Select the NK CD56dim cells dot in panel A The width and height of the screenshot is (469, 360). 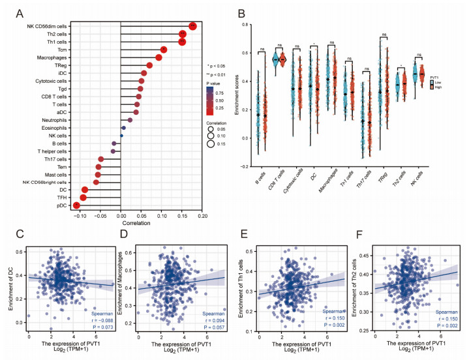click(x=192, y=25)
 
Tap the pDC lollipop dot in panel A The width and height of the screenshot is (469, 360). click(x=77, y=206)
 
